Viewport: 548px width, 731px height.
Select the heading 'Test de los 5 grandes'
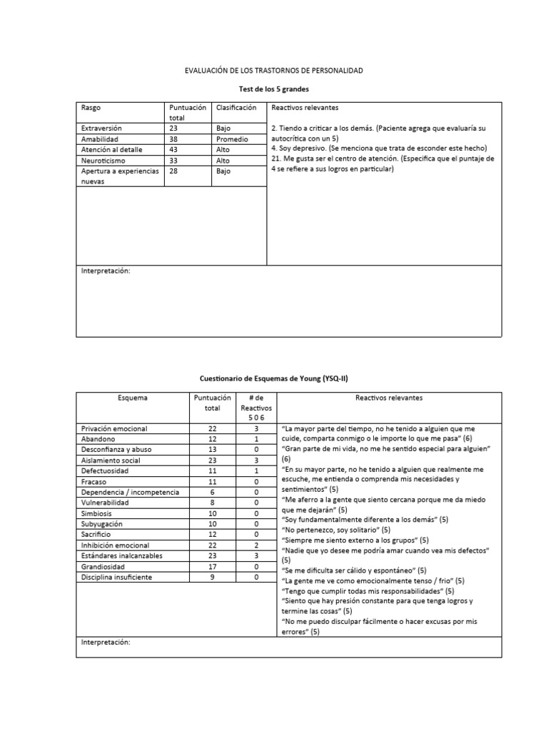tap(273, 89)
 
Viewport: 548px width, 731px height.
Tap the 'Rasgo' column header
tap(91, 107)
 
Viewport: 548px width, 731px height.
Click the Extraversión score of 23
tap(174, 128)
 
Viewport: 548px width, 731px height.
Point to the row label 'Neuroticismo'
tap(104, 161)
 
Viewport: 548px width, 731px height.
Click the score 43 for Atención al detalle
tap(174, 151)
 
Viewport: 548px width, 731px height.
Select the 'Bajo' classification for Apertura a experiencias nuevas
tap(223, 172)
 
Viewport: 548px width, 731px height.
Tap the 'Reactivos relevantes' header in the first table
tap(304, 107)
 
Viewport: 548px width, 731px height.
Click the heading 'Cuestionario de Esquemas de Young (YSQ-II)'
tap(273, 379)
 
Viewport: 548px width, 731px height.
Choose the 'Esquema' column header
tap(133, 397)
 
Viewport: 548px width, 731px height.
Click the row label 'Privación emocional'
tap(114, 428)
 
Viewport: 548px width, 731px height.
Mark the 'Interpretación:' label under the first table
tap(106, 271)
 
